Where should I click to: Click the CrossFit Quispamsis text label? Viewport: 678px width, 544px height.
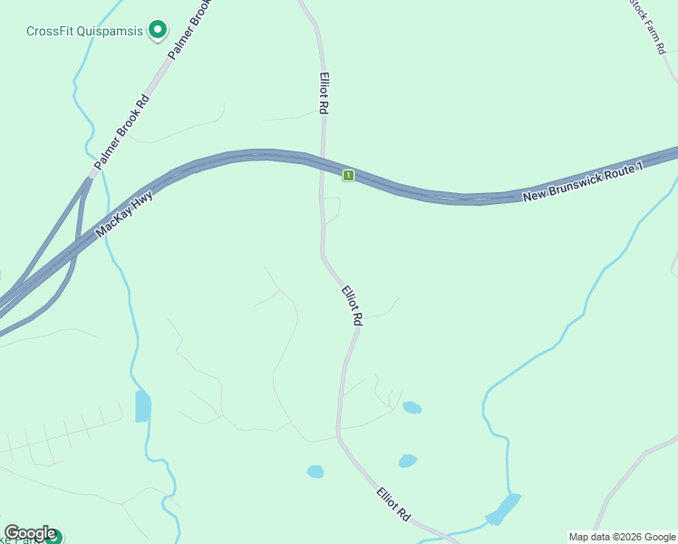pyautogui.click(x=84, y=31)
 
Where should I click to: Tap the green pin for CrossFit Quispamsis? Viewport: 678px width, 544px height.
pyautogui.click(x=158, y=31)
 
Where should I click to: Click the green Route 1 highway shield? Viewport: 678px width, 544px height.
pyautogui.click(x=347, y=174)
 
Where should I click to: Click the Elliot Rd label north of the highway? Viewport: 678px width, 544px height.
pyautogui.click(x=323, y=93)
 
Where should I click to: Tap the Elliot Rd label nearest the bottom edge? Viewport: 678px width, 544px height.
pyautogui.click(x=394, y=505)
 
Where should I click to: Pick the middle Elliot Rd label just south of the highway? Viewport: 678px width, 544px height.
pyautogui.click(x=352, y=306)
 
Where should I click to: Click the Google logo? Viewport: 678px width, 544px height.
pyautogui.click(x=30, y=533)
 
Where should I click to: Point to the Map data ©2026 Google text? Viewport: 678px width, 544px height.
pyautogui.click(x=622, y=537)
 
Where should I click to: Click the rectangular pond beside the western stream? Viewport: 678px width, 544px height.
pyautogui.click(x=142, y=406)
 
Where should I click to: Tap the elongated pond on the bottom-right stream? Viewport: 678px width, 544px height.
pyautogui.click(x=504, y=509)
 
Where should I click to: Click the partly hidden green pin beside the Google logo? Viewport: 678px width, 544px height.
pyautogui.click(x=54, y=537)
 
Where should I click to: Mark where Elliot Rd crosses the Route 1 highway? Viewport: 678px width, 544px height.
pyautogui.click(x=322, y=164)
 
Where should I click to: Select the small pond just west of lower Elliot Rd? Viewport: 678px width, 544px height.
pyautogui.click(x=315, y=471)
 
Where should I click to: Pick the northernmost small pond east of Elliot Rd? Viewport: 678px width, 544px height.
pyautogui.click(x=412, y=407)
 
